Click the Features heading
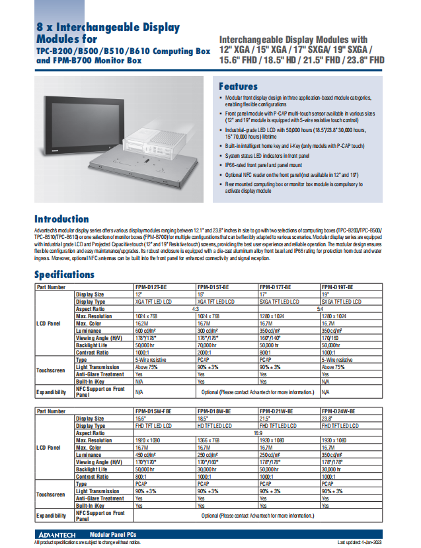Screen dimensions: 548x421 pos(238,86)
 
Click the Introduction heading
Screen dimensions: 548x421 pos(61,219)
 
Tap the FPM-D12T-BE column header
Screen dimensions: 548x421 pos(151,287)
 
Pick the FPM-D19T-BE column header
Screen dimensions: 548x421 pos(337,287)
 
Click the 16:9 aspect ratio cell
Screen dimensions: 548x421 pos(258,432)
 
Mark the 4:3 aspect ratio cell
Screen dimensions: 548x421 pos(196,308)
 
